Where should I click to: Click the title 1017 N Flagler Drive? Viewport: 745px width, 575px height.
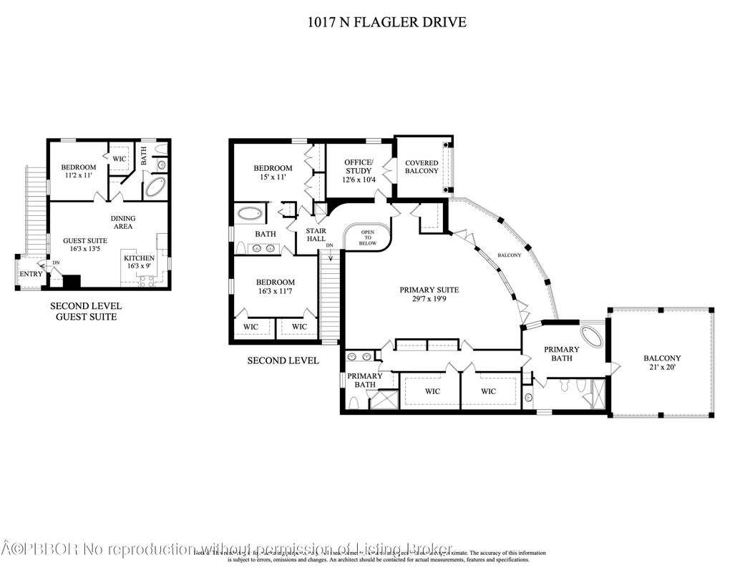pos(386,22)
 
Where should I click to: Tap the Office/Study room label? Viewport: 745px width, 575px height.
pos(358,171)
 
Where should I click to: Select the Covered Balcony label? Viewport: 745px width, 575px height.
pos(422,167)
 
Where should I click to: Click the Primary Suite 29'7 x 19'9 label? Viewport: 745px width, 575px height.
pos(429,295)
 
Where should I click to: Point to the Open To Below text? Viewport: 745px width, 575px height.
pos(367,237)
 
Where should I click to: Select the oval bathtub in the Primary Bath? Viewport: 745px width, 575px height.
pos(592,335)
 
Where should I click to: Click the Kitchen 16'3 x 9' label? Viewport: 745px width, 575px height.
pos(139,262)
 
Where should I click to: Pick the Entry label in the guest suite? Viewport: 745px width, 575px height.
pos(31,274)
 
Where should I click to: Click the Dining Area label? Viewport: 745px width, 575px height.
pos(123,222)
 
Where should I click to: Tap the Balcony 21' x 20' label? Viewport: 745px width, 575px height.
pos(662,363)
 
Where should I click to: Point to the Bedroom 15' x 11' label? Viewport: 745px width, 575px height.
pos(273,173)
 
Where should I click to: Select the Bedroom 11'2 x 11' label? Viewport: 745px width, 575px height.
pos(78,172)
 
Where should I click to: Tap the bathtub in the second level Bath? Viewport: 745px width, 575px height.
pos(250,213)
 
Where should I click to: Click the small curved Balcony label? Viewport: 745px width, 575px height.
pos(510,255)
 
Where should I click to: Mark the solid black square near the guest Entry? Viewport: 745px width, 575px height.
pos(72,281)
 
